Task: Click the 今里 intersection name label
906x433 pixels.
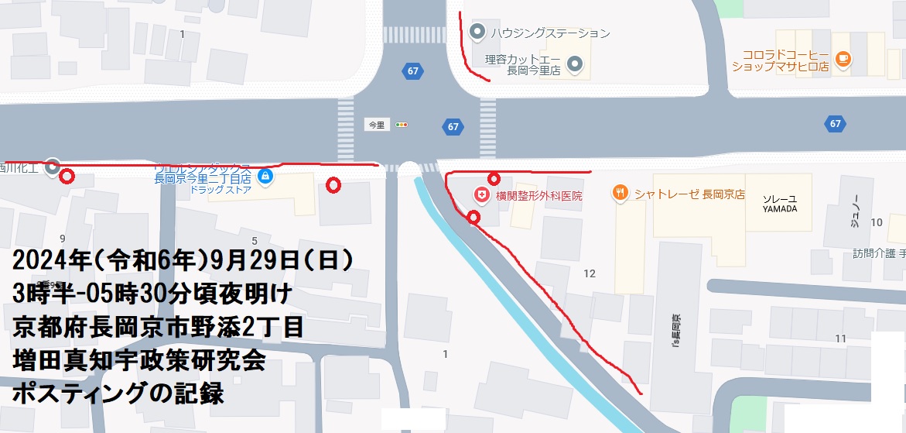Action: coord(375,125)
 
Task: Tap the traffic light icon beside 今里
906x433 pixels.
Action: coord(401,125)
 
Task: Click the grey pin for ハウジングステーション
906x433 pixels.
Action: coord(477,33)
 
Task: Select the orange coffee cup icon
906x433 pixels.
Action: coord(843,57)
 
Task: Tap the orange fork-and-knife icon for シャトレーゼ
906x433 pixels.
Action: coord(620,193)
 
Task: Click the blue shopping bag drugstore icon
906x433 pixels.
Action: coord(265,177)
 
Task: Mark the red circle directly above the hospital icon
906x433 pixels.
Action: coord(494,180)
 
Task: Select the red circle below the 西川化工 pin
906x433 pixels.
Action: coord(67,177)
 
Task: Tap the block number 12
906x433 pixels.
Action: coord(590,273)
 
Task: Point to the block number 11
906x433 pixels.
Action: coord(841,338)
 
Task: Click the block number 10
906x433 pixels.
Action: coord(876,222)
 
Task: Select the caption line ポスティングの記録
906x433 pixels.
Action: coord(118,393)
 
